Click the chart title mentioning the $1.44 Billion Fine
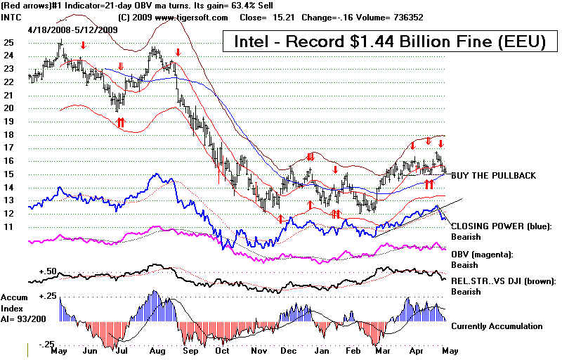[x=384, y=42]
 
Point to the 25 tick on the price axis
[x=9, y=43]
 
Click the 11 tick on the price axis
[x=9, y=228]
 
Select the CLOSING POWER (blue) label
[x=502, y=226]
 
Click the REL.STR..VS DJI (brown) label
[x=503, y=281]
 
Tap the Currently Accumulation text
[x=497, y=326]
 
